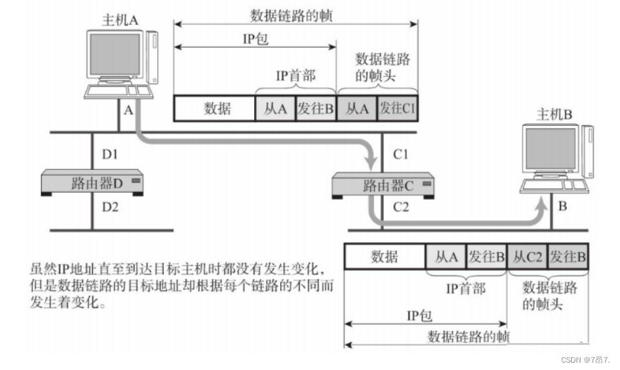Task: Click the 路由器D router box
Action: point(92,183)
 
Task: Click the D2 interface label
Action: point(110,207)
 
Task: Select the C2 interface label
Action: point(401,207)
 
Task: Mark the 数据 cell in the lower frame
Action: point(385,257)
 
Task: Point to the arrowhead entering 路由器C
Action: point(371,162)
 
